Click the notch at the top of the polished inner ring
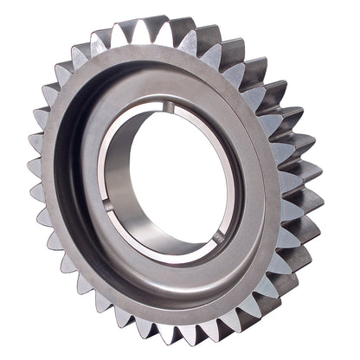170,107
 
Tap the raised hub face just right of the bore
247,186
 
